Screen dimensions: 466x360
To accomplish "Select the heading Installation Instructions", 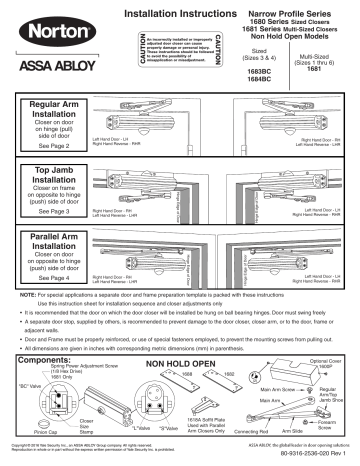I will [184, 12].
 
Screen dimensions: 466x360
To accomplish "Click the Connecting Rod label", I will [253, 432].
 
